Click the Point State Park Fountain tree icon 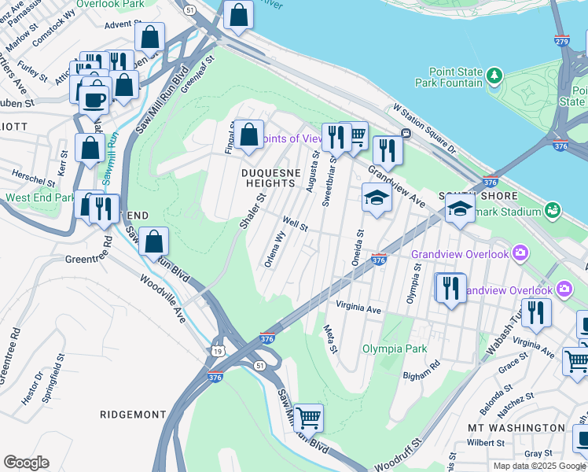pyautogui.click(x=494, y=76)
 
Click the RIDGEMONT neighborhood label pyautogui.click(x=133, y=414)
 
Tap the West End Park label pyautogui.click(x=40, y=197)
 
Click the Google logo pyautogui.click(x=26, y=463)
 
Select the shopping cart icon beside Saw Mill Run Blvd pyautogui.click(x=308, y=417)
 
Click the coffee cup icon pyautogui.click(x=95, y=100)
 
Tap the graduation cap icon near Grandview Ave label pyautogui.click(x=377, y=197)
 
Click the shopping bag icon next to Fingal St pyautogui.click(x=249, y=135)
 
